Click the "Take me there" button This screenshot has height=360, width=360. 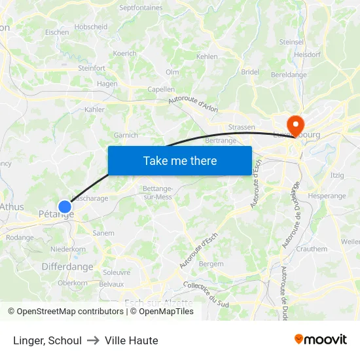click(180, 160)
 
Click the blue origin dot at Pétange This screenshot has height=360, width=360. click(64, 207)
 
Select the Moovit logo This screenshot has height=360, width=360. click(320, 339)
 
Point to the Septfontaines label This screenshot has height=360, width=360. click(141, 8)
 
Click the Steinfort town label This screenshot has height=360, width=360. click(91, 67)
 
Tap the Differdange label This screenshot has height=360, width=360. click(67, 266)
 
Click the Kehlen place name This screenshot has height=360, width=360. click(207, 57)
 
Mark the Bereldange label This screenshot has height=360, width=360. click(289, 75)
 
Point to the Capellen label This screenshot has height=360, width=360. click(161, 89)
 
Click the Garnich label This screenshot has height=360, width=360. click(126, 135)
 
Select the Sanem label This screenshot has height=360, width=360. click(103, 233)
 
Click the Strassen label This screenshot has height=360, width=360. click(242, 127)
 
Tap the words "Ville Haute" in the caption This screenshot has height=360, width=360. click(131, 340)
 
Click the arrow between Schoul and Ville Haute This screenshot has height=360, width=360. click(93, 340)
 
